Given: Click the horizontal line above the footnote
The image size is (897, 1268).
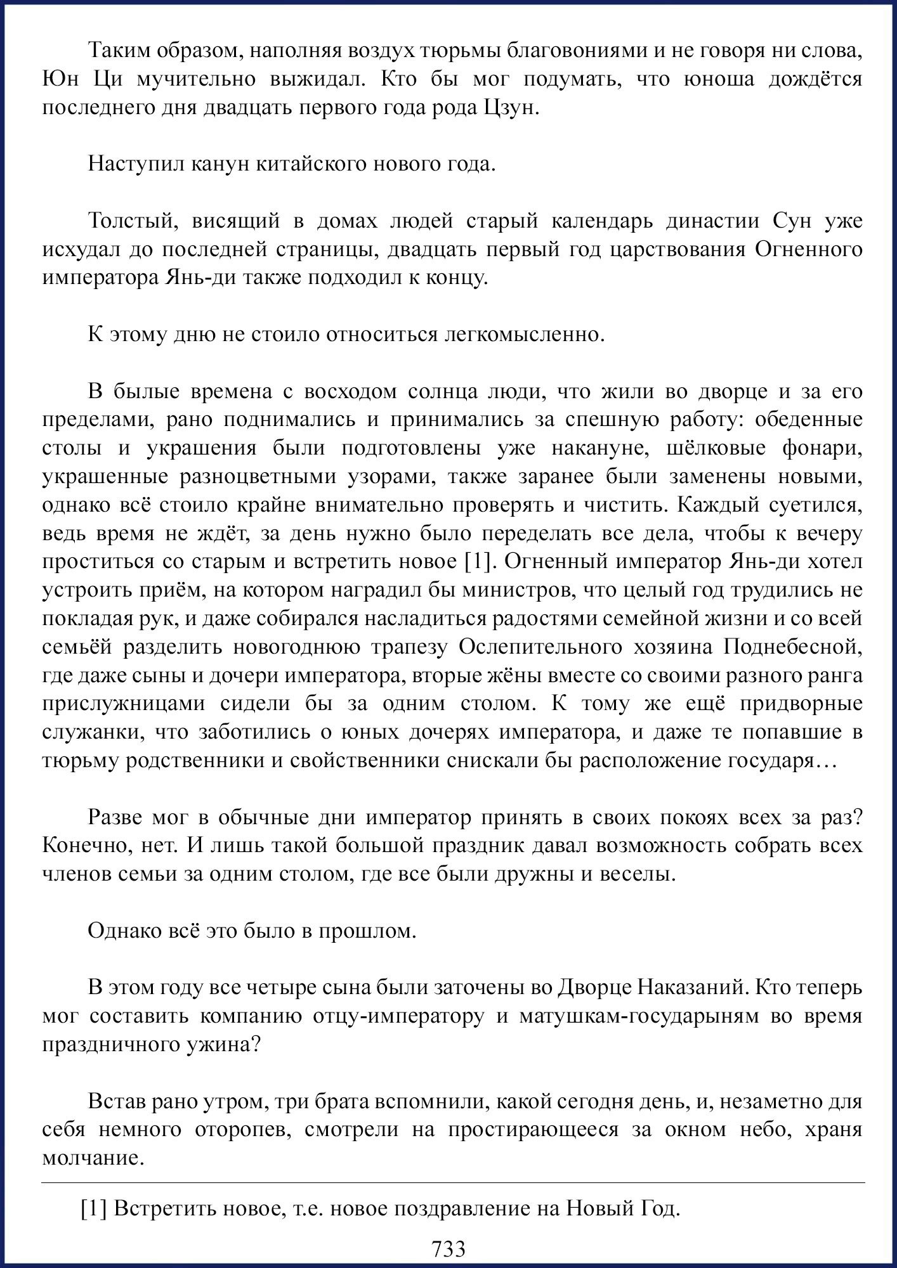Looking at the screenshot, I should (453, 1183).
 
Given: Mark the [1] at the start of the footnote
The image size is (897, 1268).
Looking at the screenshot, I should (94, 1210).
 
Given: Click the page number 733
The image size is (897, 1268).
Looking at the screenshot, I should (448, 1248).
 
